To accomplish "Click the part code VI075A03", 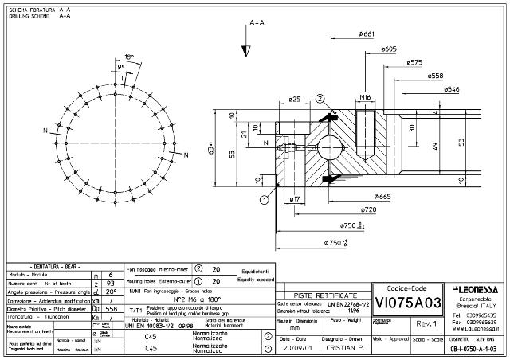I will coord(407,303).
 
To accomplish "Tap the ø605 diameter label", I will coord(387,49).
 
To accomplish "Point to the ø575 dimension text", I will coord(414,62).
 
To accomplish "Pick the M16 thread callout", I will coord(366,97).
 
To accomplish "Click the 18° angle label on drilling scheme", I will coord(129,57).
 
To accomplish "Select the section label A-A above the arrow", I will coord(257,25).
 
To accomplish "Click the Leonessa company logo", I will coord(476,288).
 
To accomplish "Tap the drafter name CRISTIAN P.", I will coord(344,348).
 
